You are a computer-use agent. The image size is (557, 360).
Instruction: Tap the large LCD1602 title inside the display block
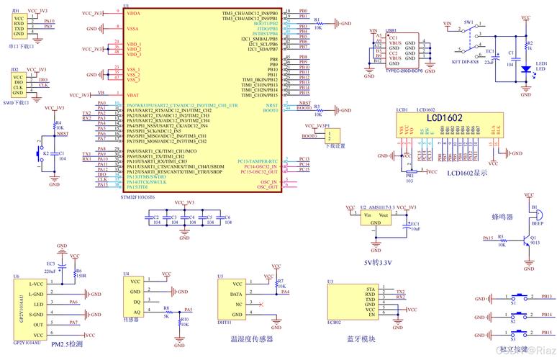(442, 118)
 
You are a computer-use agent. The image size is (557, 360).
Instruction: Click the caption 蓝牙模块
(361, 338)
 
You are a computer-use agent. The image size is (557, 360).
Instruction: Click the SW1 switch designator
(468, 22)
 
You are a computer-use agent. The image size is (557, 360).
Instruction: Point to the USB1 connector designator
(391, 31)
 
